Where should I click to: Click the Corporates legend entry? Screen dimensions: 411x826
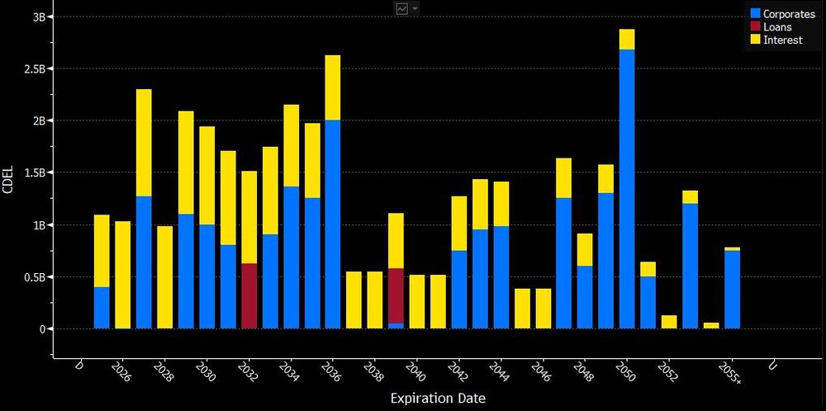[781, 14]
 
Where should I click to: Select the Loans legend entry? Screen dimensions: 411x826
[776, 26]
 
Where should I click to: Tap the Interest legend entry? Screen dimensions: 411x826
[781, 40]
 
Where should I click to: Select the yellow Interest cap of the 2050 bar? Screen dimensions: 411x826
[627, 39]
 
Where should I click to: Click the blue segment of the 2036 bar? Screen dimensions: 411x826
[333, 224]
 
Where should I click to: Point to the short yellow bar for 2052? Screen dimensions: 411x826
[669, 322]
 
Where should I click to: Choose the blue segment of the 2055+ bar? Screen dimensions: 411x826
[732, 289]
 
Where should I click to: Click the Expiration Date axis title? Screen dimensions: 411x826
[439, 399]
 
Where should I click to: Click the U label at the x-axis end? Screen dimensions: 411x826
[772, 366]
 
